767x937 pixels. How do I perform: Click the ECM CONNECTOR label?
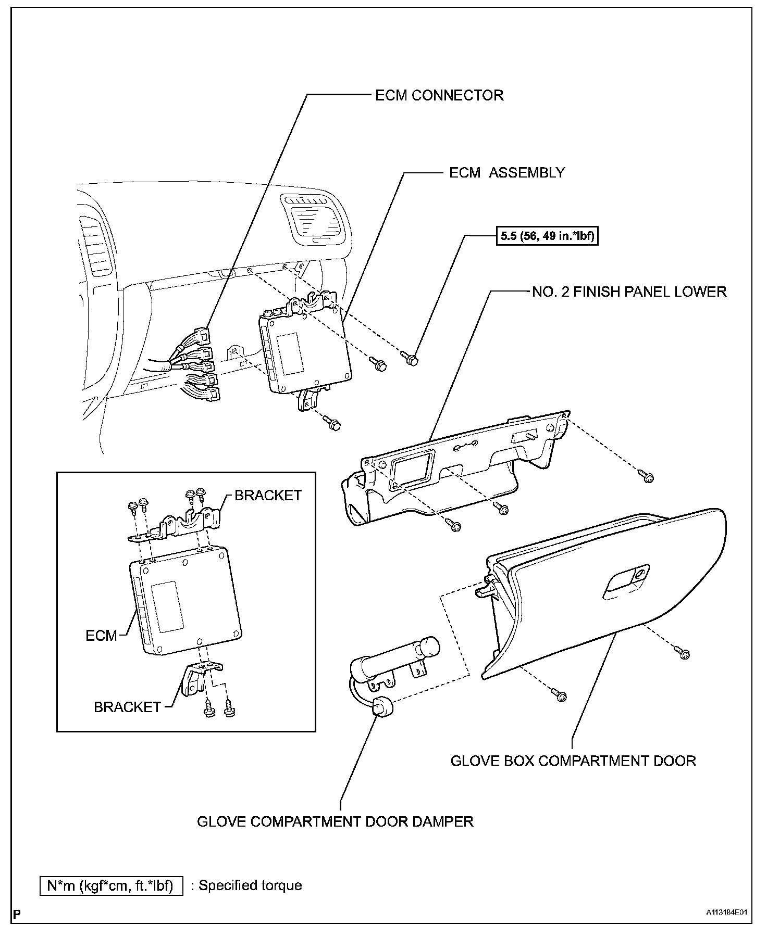tap(439, 96)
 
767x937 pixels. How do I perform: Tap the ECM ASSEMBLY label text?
tap(507, 173)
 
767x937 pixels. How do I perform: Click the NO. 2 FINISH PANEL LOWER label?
tap(629, 292)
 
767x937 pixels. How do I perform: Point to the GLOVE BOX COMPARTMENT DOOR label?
tap(573, 761)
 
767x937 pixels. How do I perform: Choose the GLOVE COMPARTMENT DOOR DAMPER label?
tap(335, 821)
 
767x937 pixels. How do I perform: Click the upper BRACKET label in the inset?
tap(268, 495)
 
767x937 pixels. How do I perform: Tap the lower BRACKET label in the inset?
tap(127, 707)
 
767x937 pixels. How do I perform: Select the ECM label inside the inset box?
tap(101, 636)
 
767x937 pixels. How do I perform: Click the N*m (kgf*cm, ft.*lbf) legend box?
tap(112, 885)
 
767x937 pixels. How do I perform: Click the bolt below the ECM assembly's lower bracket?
tap(335, 425)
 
